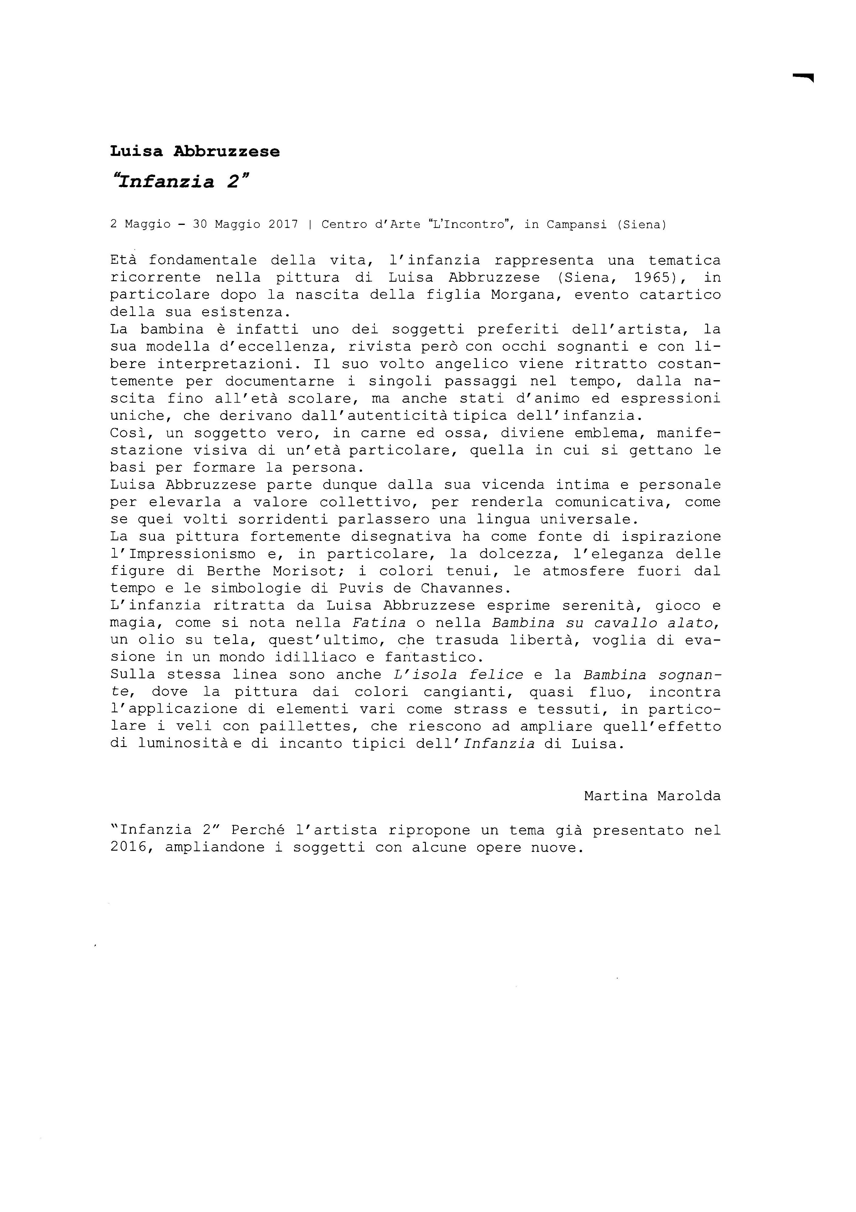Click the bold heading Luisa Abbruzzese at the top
tap(195, 151)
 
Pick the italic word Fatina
tap(378, 623)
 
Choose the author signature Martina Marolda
tap(652, 796)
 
